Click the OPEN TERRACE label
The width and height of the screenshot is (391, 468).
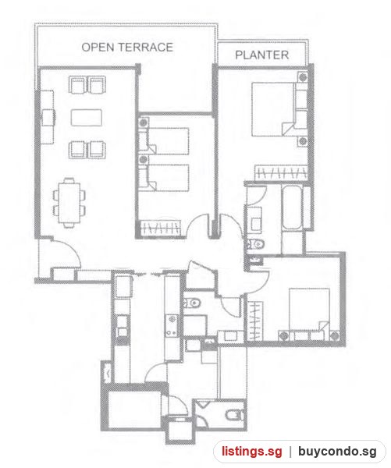[x=127, y=47]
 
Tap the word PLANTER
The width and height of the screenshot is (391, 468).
[x=262, y=55]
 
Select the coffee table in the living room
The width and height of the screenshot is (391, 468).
[x=87, y=118]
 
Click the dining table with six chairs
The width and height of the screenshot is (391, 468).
[x=69, y=203]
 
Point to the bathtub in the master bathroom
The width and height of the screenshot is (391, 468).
[x=292, y=207]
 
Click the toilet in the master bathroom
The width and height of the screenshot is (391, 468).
[x=256, y=244]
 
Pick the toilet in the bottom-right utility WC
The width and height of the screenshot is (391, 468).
[x=234, y=415]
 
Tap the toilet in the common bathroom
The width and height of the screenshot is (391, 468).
[x=191, y=303]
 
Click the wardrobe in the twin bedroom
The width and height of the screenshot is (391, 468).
[x=161, y=229]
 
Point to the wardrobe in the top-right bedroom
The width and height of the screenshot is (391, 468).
[x=281, y=172]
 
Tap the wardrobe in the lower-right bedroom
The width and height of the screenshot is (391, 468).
[x=255, y=321]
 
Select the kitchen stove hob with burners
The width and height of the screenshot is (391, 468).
[x=172, y=326]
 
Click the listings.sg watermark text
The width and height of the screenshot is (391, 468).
[x=251, y=452]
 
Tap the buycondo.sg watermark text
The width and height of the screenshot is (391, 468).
[x=337, y=452]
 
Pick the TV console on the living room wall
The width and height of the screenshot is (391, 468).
[x=47, y=117]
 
